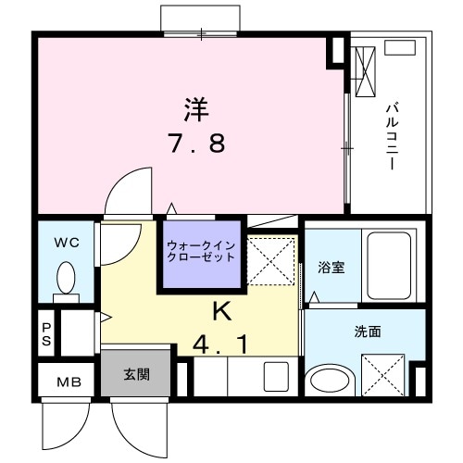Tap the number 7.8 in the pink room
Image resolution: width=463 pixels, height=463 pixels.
point(196,144)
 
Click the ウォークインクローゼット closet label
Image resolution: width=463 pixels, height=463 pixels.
point(201,251)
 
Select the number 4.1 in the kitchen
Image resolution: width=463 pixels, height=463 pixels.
point(221,345)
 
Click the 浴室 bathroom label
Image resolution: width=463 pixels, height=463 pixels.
point(332,269)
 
